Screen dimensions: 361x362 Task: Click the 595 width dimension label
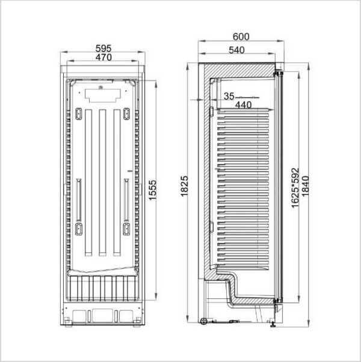tap(103, 48)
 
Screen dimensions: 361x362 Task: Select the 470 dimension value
tap(103, 57)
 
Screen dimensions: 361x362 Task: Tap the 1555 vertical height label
tap(152, 190)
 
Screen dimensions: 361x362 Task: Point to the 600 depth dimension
tap(241, 37)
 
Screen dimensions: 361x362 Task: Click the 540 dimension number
tap(236, 50)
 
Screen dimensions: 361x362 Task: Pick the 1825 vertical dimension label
tap(185, 186)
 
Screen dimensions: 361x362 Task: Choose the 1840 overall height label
tap(305, 186)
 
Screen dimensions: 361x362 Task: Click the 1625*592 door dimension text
tap(295, 188)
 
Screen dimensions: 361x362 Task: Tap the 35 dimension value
tap(229, 96)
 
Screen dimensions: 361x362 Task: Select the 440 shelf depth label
tap(244, 105)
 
